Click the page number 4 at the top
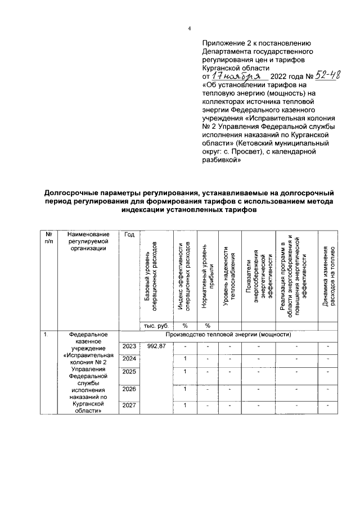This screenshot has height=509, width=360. click(x=190, y=30)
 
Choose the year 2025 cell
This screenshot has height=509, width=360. click(x=129, y=373)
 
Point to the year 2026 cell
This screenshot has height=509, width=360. click(x=129, y=389)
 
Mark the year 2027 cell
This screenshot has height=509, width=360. click(x=129, y=406)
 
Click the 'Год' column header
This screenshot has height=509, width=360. click(x=129, y=234)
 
